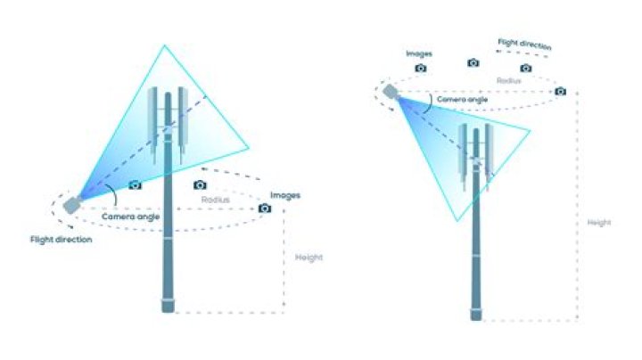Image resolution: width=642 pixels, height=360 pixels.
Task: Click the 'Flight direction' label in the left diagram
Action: [x=61, y=240]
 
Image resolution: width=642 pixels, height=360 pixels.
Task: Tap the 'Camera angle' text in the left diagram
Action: [x=130, y=217]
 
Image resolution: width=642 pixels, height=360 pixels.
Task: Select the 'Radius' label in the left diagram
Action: [x=216, y=200]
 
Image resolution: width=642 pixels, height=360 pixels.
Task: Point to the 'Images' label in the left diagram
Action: [x=285, y=195]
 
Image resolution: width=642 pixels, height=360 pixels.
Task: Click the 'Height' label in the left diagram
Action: [x=309, y=258]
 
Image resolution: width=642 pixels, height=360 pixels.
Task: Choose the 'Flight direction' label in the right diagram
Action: [x=524, y=45]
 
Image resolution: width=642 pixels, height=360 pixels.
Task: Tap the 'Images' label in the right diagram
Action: [x=419, y=53]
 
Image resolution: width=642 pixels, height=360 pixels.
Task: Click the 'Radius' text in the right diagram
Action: [x=509, y=80]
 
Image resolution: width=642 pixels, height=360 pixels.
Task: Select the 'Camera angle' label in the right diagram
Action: [x=462, y=100]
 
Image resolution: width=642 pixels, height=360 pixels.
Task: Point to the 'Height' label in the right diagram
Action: [x=599, y=223]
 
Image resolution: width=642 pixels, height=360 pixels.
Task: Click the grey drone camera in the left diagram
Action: [x=72, y=204]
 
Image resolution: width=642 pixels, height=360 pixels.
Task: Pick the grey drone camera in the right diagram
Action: [x=391, y=92]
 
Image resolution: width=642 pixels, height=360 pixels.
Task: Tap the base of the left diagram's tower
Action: [x=168, y=307]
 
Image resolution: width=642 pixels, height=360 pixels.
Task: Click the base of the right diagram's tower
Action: [x=476, y=315]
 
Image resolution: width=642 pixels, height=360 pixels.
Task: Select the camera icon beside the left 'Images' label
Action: [x=265, y=209]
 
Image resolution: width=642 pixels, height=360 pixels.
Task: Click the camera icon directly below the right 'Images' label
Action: [x=421, y=69]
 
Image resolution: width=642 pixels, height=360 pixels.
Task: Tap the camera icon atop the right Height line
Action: [x=561, y=91]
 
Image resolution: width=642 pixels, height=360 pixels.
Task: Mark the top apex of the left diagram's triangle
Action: [x=165, y=45]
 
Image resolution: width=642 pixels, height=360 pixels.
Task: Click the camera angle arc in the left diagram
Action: [x=114, y=195]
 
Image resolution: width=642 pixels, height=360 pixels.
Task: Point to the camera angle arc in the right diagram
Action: [x=430, y=103]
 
